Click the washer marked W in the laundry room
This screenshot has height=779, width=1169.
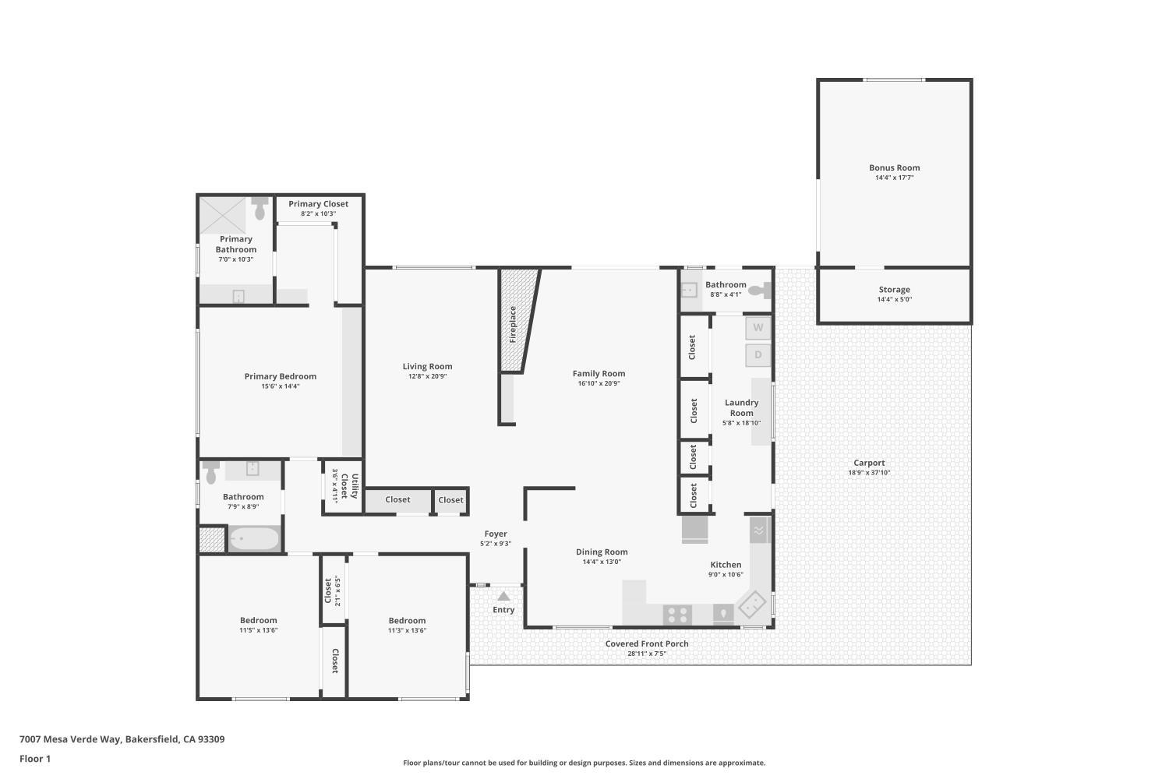click(x=758, y=328)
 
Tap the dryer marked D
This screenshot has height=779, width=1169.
click(x=758, y=354)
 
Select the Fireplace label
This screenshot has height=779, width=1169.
click(x=513, y=324)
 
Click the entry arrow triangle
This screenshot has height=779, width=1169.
click(x=503, y=596)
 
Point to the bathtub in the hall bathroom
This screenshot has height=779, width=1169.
click(x=255, y=538)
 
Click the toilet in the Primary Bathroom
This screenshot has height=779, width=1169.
click(x=260, y=208)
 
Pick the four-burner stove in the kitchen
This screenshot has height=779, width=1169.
click(x=677, y=615)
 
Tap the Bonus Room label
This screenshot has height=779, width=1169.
click(x=895, y=167)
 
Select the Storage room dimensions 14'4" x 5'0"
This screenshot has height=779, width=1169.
click(x=895, y=299)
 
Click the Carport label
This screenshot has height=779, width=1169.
click(x=869, y=463)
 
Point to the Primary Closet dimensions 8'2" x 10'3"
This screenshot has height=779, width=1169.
click(x=318, y=213)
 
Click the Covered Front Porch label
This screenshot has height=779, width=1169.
click(x=647, y=644)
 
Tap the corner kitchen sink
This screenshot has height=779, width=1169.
click(x=751, y=605)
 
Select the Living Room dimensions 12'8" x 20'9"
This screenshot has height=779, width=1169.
click(x=427, y=376)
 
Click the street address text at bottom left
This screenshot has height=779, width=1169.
click(x=122, y=739)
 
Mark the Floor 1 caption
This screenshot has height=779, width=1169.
click(x=35, y=759)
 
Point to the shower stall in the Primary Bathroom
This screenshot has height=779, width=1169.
click(x=223, y=215)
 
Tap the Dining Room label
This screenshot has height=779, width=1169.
click(x=602, y=552)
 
